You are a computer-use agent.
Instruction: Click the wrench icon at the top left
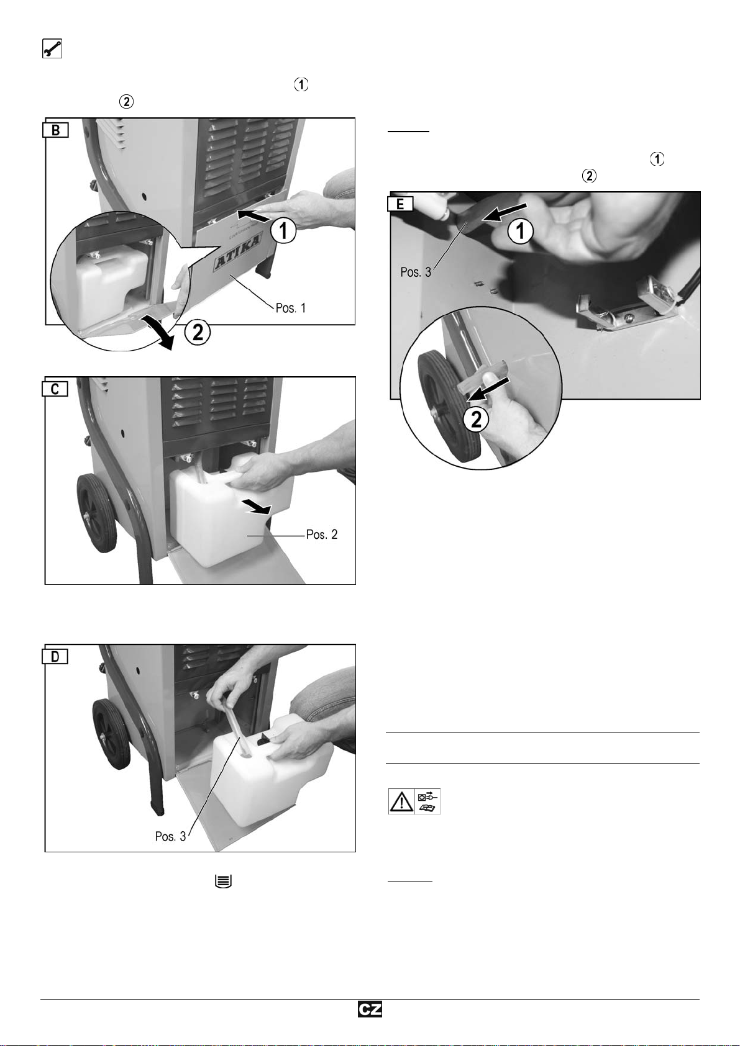coord(52,48)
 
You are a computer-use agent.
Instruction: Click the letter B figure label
coord(56,130)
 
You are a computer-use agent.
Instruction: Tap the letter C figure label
coord(55,389)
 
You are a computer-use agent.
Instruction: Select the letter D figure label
coord(55,656)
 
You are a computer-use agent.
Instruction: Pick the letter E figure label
coord(400,204)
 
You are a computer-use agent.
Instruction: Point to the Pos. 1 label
coord(290,308)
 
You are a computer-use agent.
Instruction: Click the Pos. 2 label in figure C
coord(322,534)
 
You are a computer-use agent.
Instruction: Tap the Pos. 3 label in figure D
coord(171,836)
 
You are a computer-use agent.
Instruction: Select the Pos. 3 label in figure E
coord(416,273)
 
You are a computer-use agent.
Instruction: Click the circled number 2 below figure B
coord(198,333)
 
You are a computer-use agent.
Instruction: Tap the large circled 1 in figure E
coord(521,231)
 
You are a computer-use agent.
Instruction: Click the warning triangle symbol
coord(401,801)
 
